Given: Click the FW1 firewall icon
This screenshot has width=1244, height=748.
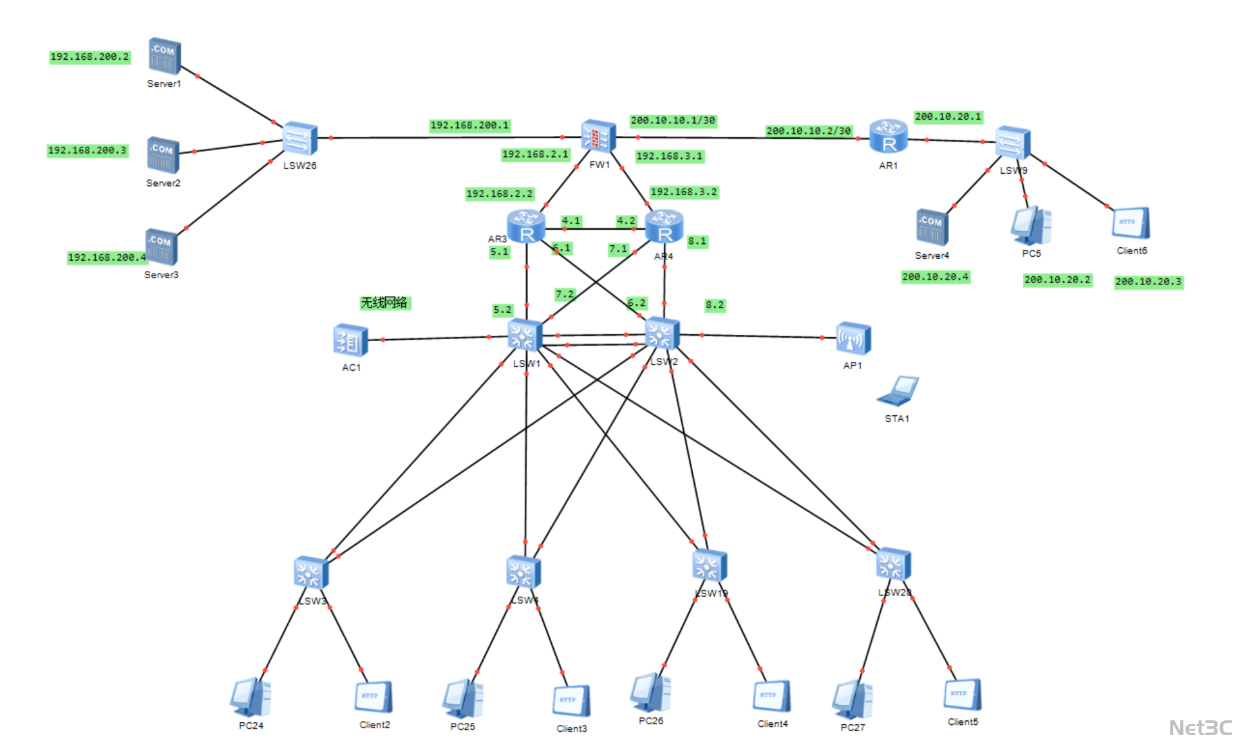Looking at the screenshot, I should pyautogui.click(x=598, y=136).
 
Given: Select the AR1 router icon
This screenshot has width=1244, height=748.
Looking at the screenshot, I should pyautogui.click(x=888, y=136).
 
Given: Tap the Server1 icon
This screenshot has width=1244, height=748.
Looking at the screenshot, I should pyautogui.click(x=164, y=56).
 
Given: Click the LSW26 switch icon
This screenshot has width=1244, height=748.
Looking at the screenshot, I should pyautogui.click(x=299, y=138).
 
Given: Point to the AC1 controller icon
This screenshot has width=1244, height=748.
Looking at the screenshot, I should pyautogui.click(x=350, y=340).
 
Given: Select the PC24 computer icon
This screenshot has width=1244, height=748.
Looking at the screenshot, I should pyautogui.click(x=250, y=697).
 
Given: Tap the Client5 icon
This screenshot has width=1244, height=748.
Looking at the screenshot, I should pyautogui.click(x=963, y=695).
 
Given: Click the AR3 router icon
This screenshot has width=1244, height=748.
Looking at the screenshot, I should pyautogui.click(x=526, y=227).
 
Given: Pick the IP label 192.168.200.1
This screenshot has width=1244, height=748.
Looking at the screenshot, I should pyautogui.click(x=469, y=126).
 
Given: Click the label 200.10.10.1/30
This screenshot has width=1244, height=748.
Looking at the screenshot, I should pyautogui.click(x=673, y=120).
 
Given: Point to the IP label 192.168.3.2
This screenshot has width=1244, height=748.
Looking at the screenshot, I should pyautogui.click(x=683, y=192).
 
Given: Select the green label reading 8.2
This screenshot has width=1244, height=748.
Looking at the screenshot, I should pyautogui.click(x=714, y=305).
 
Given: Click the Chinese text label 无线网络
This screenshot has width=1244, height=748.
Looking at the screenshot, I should pyautogui.click(x=384, y=303).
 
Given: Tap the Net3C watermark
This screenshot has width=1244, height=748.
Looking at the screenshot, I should pyautogui.click(x=1200, y=728).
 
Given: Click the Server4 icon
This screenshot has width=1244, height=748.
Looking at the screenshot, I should pyautogui.click(x=932, y=227).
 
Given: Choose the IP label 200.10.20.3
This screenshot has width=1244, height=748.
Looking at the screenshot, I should pyautogui.click(x=1148, y=282).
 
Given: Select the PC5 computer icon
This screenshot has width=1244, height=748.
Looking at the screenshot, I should pyautogui.click(x=1031, y=225).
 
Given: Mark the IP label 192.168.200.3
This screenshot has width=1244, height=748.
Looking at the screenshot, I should pyautogui.click(x=88, y=151).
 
